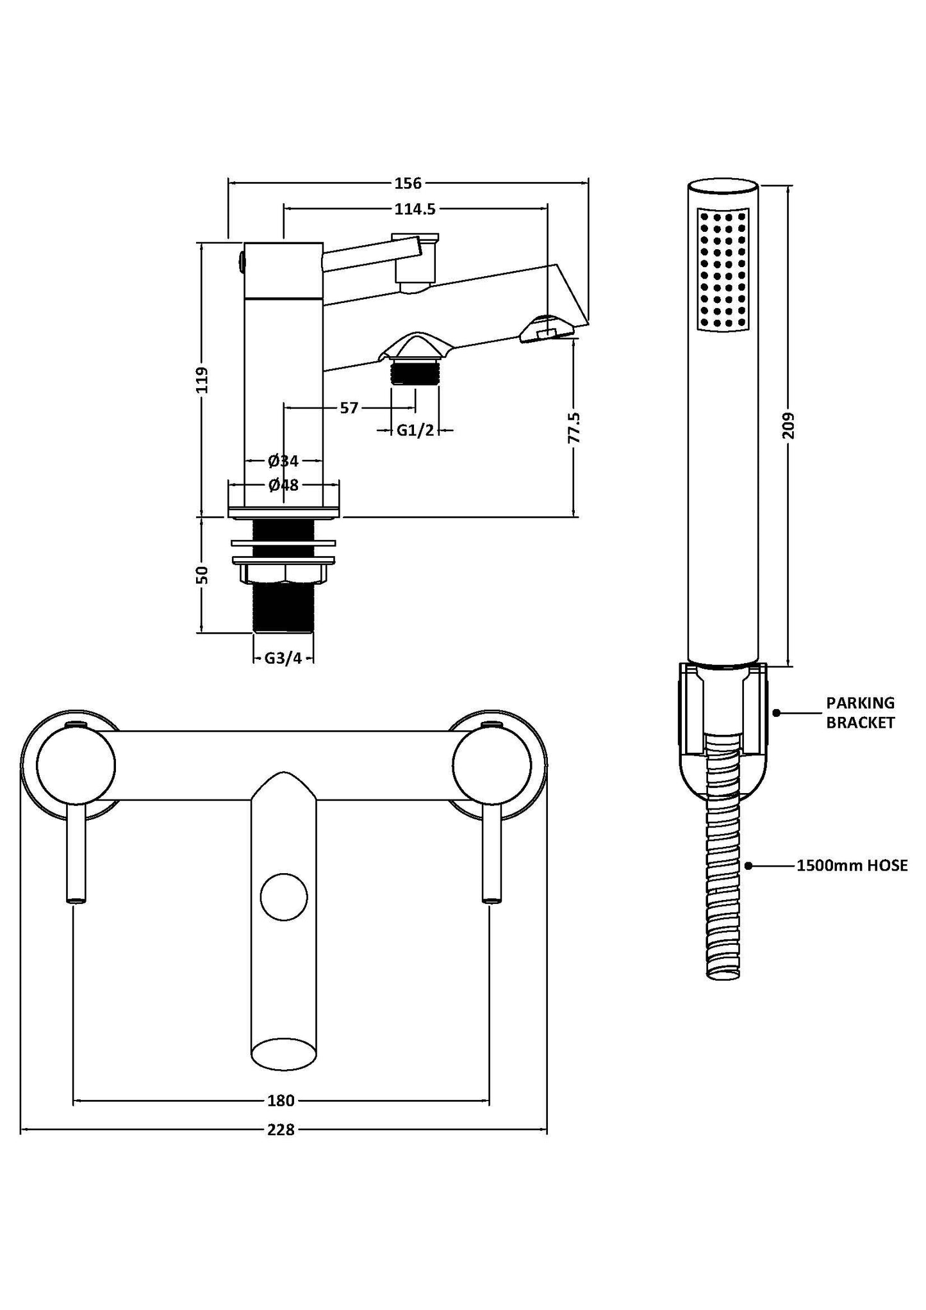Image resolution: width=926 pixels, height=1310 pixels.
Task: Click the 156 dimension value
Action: pyautogui.click(x=408, y=183)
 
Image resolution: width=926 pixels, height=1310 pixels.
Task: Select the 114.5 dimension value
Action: pyautogui.click(x=415, y=209)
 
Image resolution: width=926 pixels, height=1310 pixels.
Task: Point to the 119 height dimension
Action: pyautogui.click(x=203, y=379)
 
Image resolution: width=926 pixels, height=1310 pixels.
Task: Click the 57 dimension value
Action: pyautogui.click(x=349, y=408)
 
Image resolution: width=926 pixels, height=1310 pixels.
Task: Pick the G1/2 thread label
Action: pyautogui.click(x=415, y=430)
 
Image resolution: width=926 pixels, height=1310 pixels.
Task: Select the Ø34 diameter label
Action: pyautogui.click(x=283, y=461)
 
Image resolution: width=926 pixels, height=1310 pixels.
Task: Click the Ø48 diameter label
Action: pyautogui.click(x=283, y=485)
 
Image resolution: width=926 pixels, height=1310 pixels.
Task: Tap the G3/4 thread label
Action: pyautogui.click(x=283, y=659)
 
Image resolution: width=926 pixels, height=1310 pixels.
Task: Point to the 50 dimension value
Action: pyautogui.click(x=203, y=575)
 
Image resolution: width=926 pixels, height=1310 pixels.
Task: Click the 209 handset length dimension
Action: pyautogui.click(x=788, y=425)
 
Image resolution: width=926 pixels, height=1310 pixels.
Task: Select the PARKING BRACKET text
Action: pyautogui.click(x=860, y=713)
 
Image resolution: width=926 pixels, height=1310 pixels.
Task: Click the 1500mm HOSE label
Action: pyautogui.click(x=852, y=866)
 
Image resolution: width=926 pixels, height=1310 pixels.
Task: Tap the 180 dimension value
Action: pyautogui.click(x=281, y=1101)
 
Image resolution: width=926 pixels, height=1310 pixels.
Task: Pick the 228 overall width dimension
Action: pyautogui.click(x=281, y=1130)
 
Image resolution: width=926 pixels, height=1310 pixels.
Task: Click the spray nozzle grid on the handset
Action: pyautogui.click(x=723, y=269)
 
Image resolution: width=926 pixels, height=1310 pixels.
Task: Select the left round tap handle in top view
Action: pyautogui.click(x=76, y=765)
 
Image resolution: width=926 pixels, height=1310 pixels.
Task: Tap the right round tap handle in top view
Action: pyautogui.click(x=492, y=765)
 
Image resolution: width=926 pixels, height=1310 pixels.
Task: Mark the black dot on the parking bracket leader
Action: pyautogui.click(x=776, y=712)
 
